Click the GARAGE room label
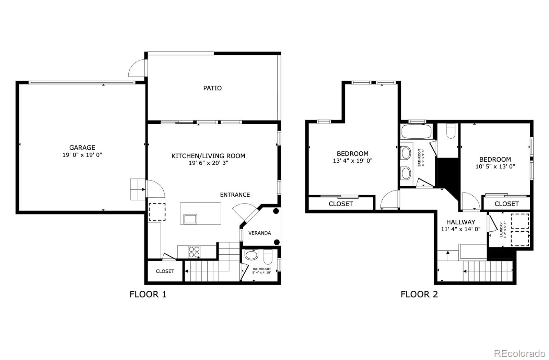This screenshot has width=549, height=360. click(x=82, y=148)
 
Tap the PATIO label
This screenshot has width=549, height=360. click(x=212, y=88)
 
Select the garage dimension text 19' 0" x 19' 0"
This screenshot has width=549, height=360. click(x=82, y=155)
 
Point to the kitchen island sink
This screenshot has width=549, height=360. click(x=190, y=219)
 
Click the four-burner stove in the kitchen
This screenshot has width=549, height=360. click(x=194, y=252)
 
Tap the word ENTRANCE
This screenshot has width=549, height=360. click(x=235, y=195)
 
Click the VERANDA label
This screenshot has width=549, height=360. click(x=259, y=233)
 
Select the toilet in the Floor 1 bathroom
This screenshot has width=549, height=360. click(x=268, y=256)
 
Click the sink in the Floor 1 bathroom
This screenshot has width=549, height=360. click(x=252, y=255)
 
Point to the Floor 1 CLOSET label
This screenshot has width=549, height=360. click(x=165, y=271)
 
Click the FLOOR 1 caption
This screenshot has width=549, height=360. click(x=148, y=294)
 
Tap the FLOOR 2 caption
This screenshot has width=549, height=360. click(x=419, y=294)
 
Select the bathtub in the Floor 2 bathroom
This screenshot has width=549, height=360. click(x=417, y=131)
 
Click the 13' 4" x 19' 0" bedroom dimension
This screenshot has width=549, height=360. click(x=352, y=161)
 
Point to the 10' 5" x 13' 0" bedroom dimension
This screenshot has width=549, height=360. click(x=495, y=166)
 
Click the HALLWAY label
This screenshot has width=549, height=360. click(x=460, y=222)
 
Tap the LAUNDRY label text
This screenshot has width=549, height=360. click(x=501, y=230)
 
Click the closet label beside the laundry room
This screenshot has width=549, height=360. click(x=506, y=204)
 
